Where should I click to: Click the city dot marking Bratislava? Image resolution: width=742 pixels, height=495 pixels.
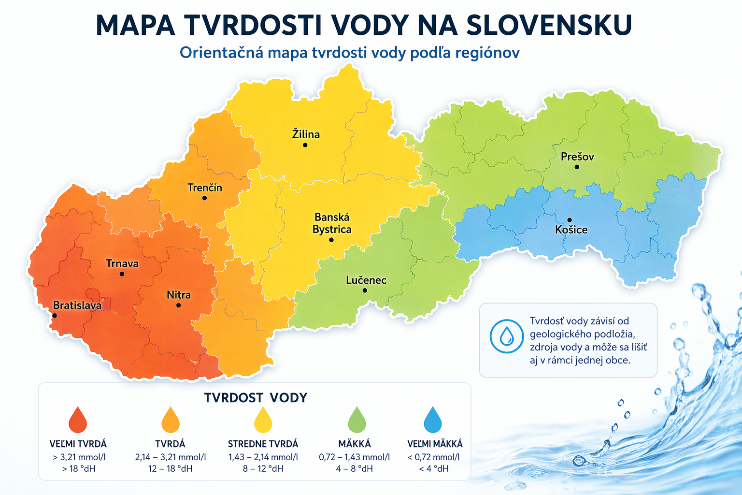(x=55, y=316)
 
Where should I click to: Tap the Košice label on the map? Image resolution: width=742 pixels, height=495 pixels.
(x=571, y=230)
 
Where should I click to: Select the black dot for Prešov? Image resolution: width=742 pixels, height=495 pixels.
(x=577, y=167)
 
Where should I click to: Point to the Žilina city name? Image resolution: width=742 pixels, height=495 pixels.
(x=306, y=134)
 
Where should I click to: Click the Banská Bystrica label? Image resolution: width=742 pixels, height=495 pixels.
(x=332, y=223)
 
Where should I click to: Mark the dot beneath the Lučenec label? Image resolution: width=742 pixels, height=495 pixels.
(x=365, y=291)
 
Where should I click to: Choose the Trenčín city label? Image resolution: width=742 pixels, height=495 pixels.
(x=205, y=188)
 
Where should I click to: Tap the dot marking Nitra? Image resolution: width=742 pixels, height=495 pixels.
(x=179, y=306)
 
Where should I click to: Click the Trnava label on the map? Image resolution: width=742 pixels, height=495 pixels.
(x=122, y=263)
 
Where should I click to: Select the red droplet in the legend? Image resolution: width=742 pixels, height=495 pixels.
(x=78, y=420)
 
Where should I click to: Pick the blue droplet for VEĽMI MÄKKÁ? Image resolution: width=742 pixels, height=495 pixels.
(x=433, y=420)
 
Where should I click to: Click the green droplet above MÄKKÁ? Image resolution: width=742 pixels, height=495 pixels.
(x=357, y=420)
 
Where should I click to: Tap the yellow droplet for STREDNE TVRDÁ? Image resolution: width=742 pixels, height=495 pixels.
(x=263, y=420)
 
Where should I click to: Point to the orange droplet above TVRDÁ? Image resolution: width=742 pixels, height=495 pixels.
(x=171, y=420)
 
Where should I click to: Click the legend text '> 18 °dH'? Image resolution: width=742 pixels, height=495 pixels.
(x=78, y=468)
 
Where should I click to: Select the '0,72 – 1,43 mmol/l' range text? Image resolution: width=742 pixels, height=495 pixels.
(x=354, y=457)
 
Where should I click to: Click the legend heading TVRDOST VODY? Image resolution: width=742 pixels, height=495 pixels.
(x=256, y=398)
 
